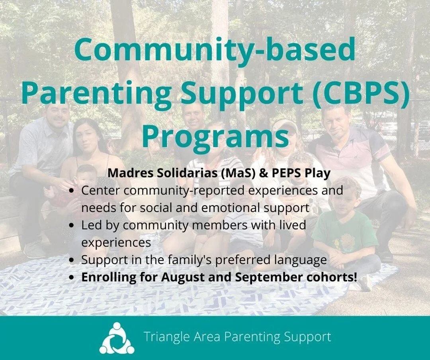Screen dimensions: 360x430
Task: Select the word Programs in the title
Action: point(215,136)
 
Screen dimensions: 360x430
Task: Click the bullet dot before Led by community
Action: point(72,226)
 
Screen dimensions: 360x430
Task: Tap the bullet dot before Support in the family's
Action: point(72,260)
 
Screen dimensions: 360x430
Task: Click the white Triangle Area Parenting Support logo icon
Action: point(117,338)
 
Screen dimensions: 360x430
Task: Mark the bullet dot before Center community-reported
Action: point(72,191)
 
